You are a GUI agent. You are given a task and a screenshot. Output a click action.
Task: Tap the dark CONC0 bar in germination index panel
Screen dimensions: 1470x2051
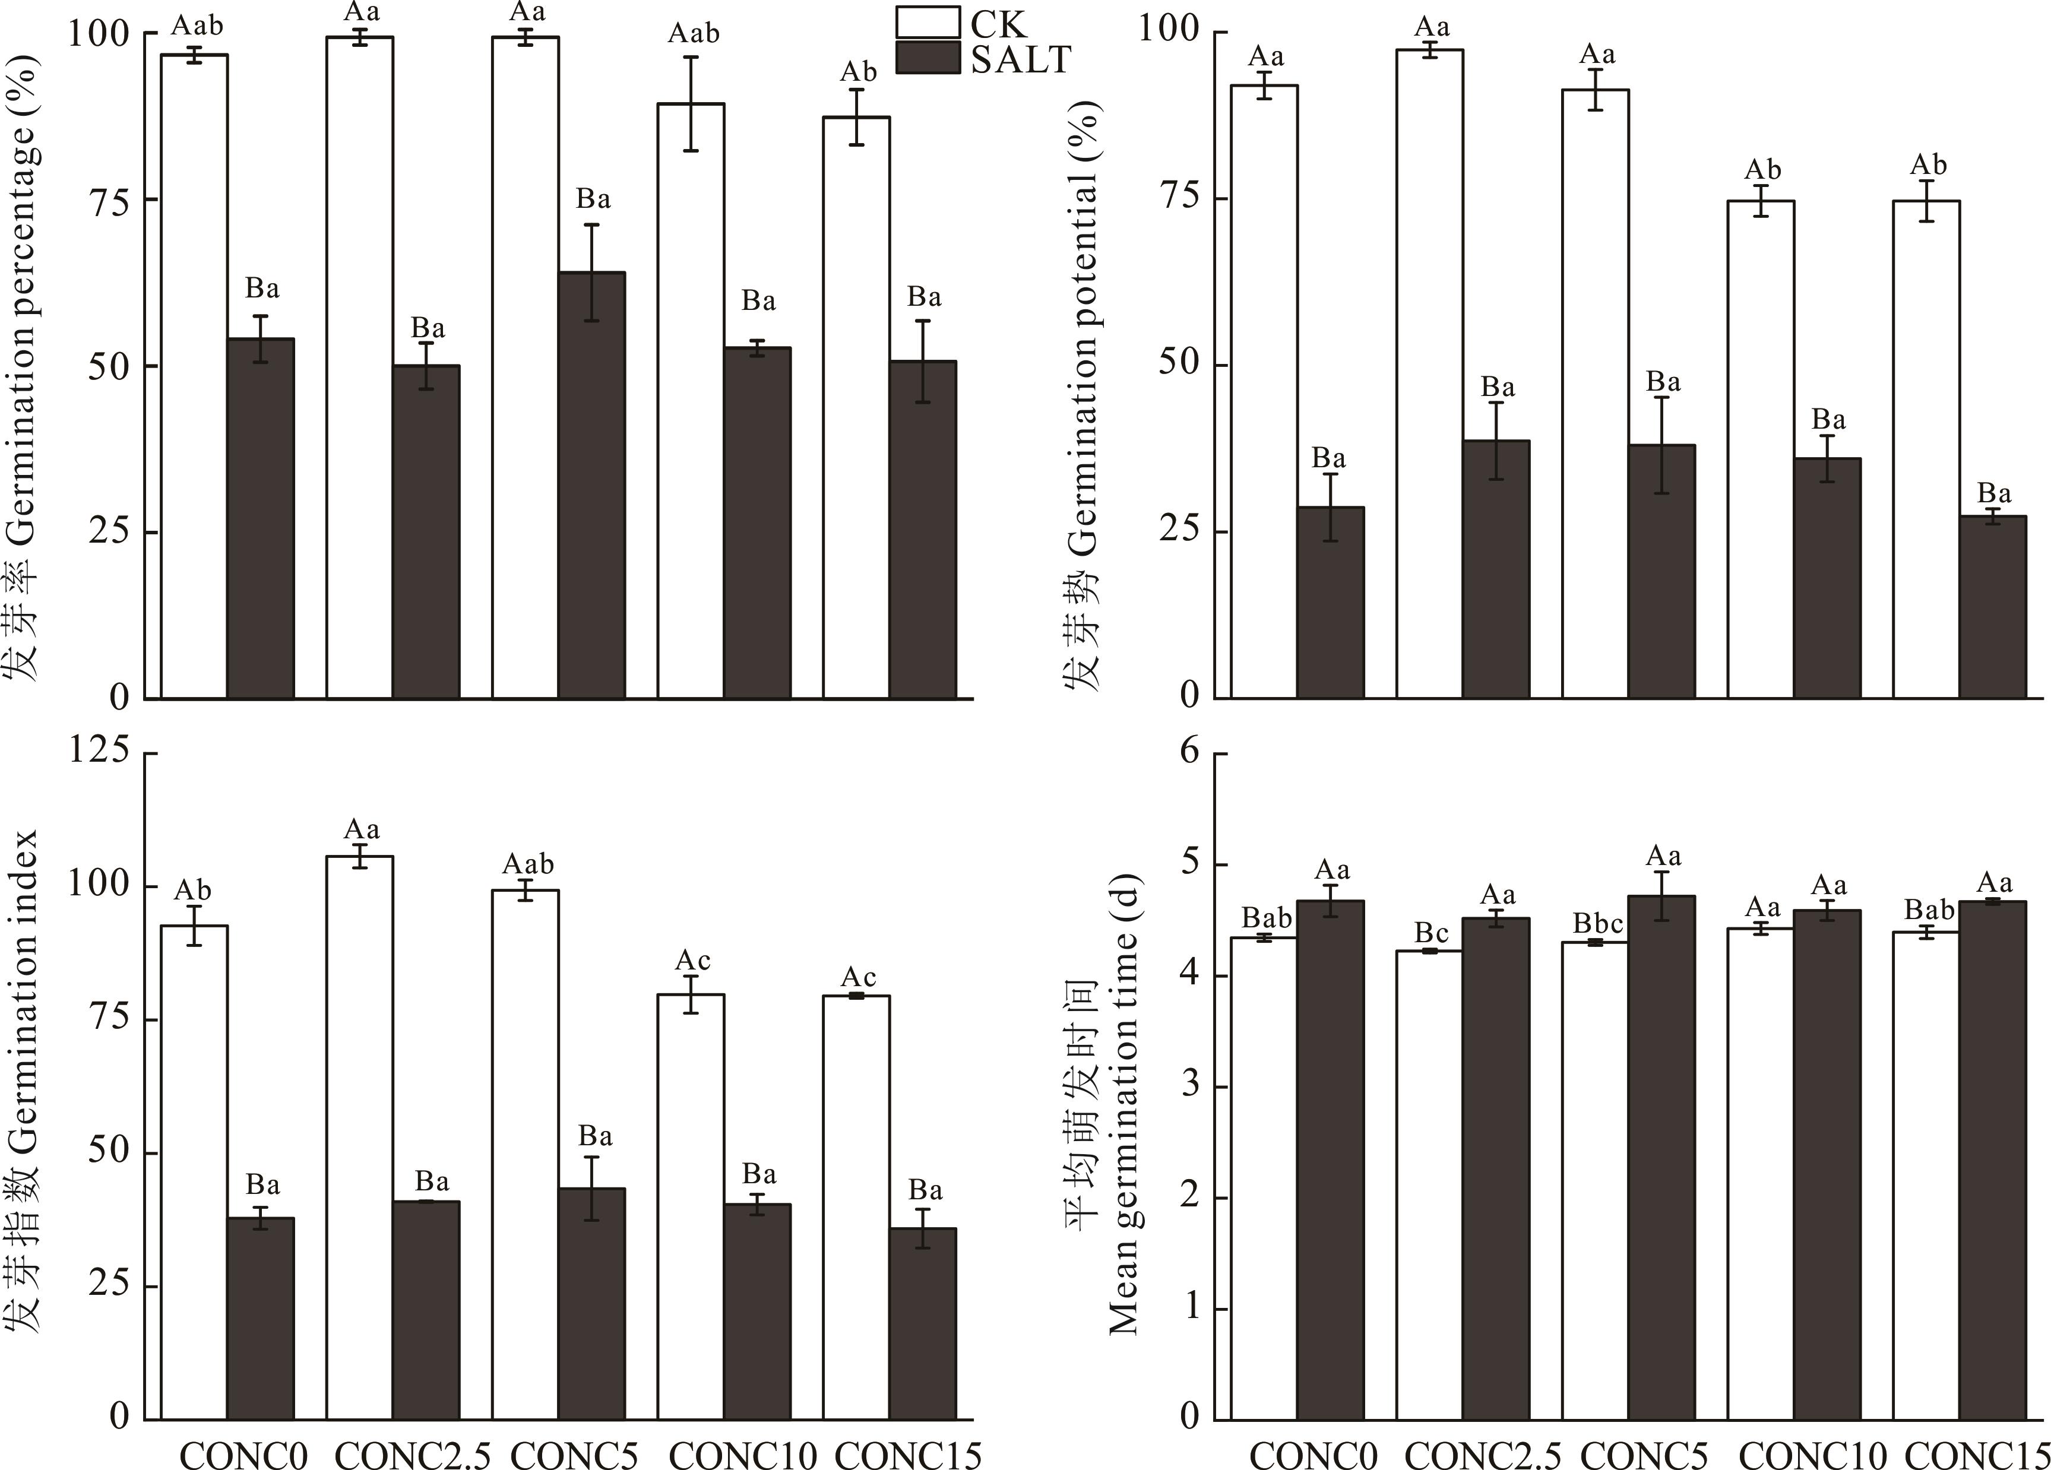pyautogui.click(x=261, y=1319)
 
